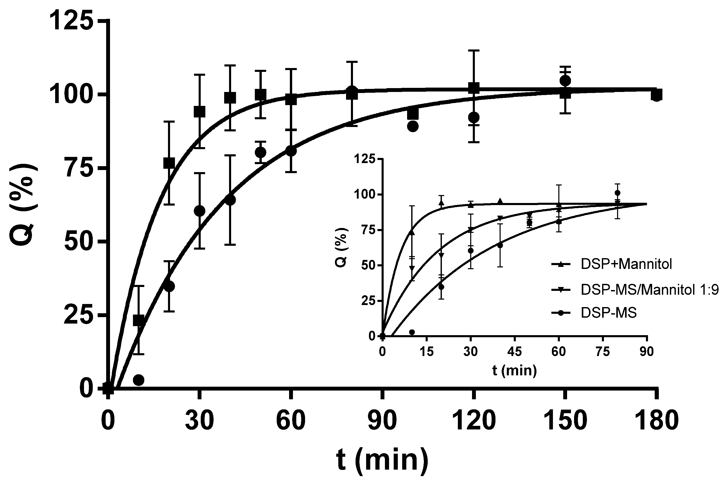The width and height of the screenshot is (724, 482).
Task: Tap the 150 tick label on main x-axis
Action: [x=565, y=421]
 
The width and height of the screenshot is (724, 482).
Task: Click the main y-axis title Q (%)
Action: [x=23, y=205]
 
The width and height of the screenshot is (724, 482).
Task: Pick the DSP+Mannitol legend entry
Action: [x=626, y=264]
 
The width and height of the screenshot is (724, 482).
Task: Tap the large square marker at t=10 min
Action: [x=139, y=320]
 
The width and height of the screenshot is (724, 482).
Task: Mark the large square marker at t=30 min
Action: [x=199, y=112]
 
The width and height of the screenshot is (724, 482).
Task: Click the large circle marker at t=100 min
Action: [x=412, y=126]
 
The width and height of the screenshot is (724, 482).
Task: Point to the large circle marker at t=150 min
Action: [x=565, y=81]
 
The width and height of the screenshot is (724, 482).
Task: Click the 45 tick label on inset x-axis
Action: [x=514, y=351]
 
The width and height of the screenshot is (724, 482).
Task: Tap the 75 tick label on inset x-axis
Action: [x=602, y=351]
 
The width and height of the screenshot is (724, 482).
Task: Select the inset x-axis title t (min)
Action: [x=514, y=371]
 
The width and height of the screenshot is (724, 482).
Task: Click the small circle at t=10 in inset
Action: [x=412, y=332]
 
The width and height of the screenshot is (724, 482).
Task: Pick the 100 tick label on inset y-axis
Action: [x=365, y=195]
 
